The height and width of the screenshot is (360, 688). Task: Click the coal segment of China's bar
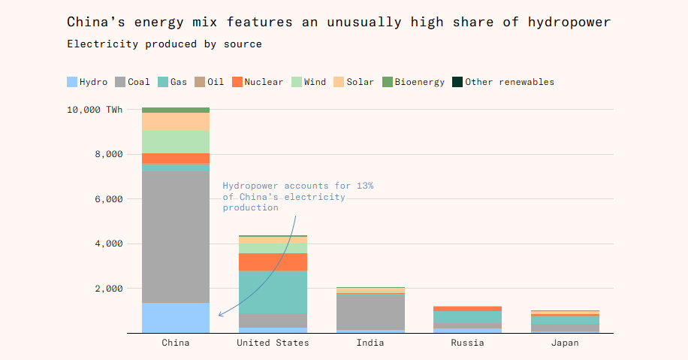(176, 237)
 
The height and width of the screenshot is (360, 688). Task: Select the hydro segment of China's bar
(176, 317)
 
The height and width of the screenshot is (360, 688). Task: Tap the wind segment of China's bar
(176, 141)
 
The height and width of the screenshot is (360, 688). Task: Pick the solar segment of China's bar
(176, 121)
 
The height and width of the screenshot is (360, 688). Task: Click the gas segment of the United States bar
(273, 292)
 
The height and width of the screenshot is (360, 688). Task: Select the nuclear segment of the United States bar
(273, 262)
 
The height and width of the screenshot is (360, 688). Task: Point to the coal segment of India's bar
(370, 311)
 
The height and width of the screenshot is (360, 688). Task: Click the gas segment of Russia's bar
(468, 317)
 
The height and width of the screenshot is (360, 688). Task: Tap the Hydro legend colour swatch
(72, 82)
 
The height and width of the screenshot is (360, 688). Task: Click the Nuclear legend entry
(258, 82)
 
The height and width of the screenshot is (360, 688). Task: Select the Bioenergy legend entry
(413, 82)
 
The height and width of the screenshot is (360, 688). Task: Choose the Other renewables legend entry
(502, 82)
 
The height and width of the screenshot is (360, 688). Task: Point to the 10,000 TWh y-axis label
(94, 110)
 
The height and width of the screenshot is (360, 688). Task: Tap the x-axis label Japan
(565, 343)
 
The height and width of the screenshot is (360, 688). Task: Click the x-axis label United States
(273, 343)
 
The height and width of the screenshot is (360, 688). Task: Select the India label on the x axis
(370, 343)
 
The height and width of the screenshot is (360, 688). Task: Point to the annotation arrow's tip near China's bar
(219, 315)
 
